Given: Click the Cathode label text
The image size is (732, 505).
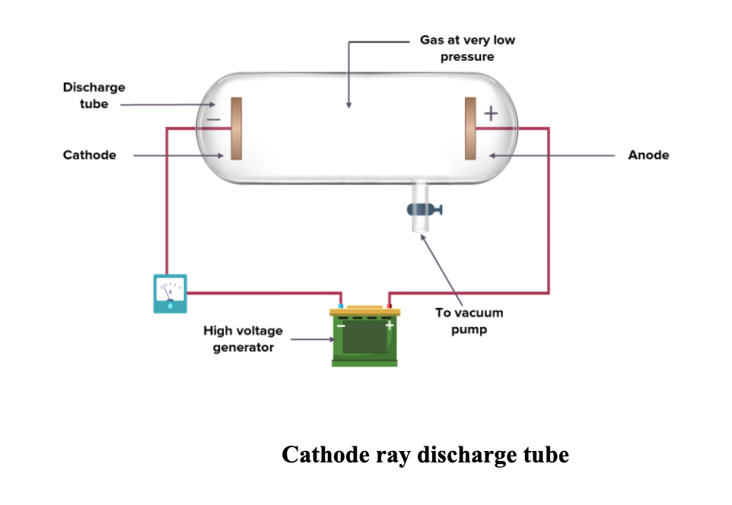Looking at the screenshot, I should [90, 155].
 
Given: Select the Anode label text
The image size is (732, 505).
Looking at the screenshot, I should [648, 155].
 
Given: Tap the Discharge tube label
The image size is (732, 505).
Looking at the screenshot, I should [94, 96].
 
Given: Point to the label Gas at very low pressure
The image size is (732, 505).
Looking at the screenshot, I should [467, 48].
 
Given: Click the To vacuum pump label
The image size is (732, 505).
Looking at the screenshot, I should [469, 321].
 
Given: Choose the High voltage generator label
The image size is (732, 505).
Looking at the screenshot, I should [243, 339].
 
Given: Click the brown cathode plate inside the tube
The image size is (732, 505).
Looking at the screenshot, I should [237, 129].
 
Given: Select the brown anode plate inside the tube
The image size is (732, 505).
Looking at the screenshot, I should [471, 129].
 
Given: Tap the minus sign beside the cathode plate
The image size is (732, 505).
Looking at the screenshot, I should [214, 119].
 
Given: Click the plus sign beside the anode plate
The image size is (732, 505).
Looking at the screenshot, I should [491, 115].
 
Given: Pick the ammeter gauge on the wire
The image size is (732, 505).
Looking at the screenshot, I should [170, 293].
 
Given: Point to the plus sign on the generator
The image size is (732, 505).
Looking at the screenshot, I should [389, 325].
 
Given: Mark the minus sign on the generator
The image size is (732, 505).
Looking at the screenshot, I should [341, 325].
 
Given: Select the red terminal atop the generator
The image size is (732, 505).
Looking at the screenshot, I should [389, 306].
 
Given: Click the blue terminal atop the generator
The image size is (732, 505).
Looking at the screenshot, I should [340, 306].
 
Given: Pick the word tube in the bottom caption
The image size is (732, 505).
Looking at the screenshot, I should [543, 455].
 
